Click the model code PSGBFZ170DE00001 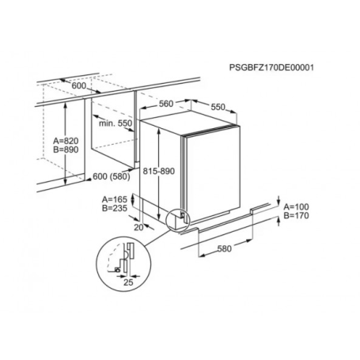271,68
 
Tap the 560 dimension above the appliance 166,104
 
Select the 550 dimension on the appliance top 218,107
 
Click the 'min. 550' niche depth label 116,123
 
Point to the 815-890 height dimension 159,171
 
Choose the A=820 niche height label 66,141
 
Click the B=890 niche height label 66,150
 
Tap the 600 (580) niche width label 112,176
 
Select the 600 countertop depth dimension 79,85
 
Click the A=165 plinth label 115,199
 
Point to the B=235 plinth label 115,208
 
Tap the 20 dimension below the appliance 138,227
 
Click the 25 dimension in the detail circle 128,282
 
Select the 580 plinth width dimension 225,248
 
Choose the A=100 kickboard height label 296,207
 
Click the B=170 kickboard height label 296,215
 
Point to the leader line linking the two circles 157,237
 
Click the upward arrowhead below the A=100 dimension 279,218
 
